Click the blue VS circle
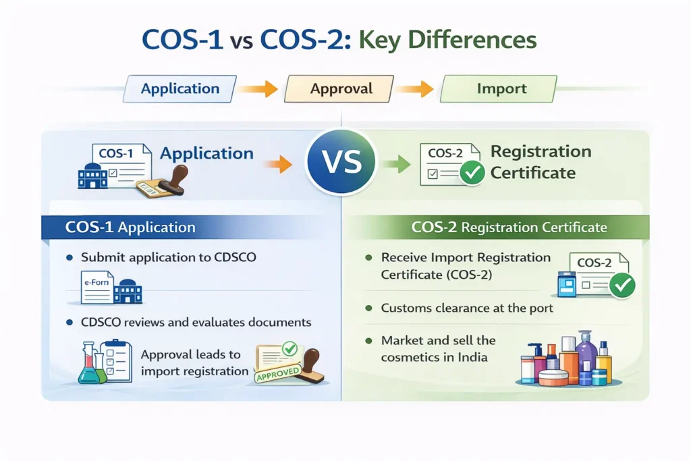[x=342, y=163]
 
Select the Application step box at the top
[x=180, y=88]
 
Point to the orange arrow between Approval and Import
[x=416, y=88]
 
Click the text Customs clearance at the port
[x=467, y=308]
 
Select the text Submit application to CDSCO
[x=168, y=258]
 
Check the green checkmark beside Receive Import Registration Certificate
[x=621, y=286]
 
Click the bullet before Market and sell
[x=368, y=341]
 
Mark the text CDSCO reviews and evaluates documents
[x=196, y=323]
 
